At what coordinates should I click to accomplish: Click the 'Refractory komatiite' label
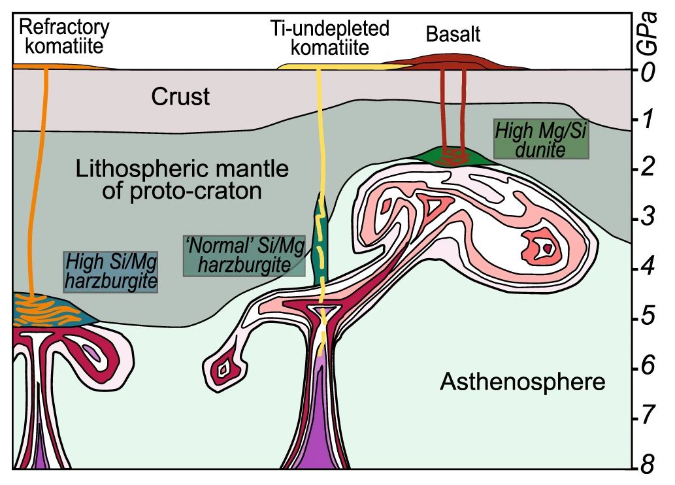coord(63,37)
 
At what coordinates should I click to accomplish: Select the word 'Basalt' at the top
coord(453,34)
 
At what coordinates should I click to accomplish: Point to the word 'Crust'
coord(180,97)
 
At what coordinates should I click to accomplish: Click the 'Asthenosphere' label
coord(522,381)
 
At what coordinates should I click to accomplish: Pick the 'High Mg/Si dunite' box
coord(541,139)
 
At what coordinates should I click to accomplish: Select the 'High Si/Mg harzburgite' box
coord(110,272)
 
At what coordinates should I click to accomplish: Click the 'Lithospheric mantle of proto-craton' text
coord(182,181)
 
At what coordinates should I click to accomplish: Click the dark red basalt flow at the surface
coord(457,63)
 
